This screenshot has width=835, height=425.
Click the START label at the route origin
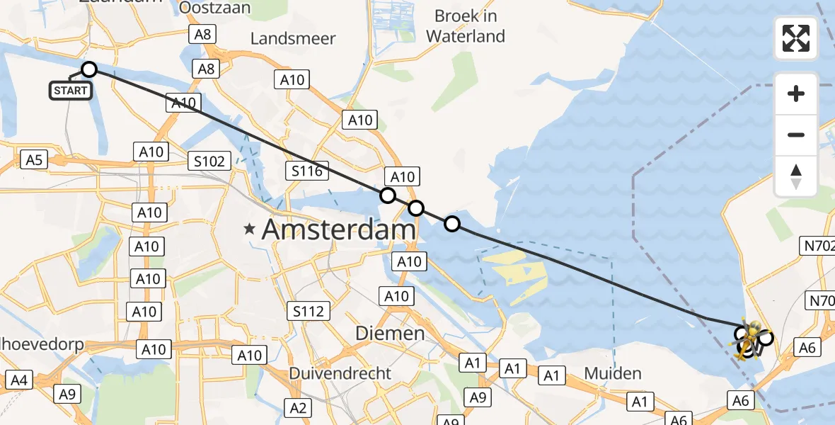click(71, 91)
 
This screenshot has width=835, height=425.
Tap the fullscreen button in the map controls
click(796, 38)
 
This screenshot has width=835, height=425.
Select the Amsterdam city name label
click(338, 229)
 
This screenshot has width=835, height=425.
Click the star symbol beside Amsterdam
click(249, 229)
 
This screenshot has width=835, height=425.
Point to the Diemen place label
click(389, 333)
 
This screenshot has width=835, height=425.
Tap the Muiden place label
click(613, 373)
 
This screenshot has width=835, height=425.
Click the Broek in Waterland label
click(466, 25)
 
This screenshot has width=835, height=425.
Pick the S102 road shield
click(210, 161)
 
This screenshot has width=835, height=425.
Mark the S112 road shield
click(309, 310)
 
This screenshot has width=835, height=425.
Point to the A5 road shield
click(33, 159)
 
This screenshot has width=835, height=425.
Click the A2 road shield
click(298, 407)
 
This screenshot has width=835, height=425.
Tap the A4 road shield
click(19, 380)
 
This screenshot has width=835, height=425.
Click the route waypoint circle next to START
click(89, 69)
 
